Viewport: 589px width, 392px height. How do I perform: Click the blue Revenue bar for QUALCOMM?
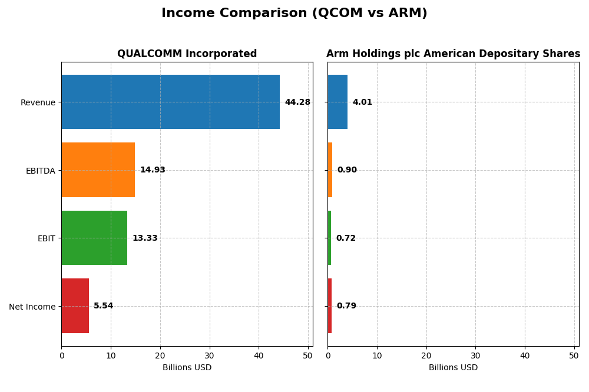tap(170, 102)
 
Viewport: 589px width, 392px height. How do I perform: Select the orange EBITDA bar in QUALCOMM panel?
tap(98, 170)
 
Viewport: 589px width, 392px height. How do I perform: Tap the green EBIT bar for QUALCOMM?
tap(94, 238)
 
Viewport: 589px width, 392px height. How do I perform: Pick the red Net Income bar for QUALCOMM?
tap(75, 305)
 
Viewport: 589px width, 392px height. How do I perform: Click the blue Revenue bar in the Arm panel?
tap(337, 102)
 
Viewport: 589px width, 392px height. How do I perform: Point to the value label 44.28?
tap(297, 102)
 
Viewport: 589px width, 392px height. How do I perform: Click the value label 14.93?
tap(153, 170)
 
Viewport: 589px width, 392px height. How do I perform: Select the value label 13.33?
tap(145, 238)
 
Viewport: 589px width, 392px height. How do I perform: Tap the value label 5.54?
tap(104, 306)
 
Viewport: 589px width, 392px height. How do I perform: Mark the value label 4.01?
tap(362, 102)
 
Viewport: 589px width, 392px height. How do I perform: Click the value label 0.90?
tap(347, 170)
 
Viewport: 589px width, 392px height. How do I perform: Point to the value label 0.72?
tap(346, 238)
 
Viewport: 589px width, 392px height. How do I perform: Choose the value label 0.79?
tap(346, 306)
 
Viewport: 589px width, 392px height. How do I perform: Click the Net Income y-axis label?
tap(32, 307)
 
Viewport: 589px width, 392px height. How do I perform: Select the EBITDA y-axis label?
tap(40, 171)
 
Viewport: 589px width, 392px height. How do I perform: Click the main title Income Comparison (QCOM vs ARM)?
tap(294, 13)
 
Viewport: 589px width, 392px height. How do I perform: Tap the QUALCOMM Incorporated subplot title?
tap(187, 54)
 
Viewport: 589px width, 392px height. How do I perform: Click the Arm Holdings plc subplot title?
tap(453, 54)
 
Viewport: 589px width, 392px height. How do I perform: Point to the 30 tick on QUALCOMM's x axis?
tap(209, 356)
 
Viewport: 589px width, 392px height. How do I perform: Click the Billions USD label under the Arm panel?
tap(453, 368)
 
